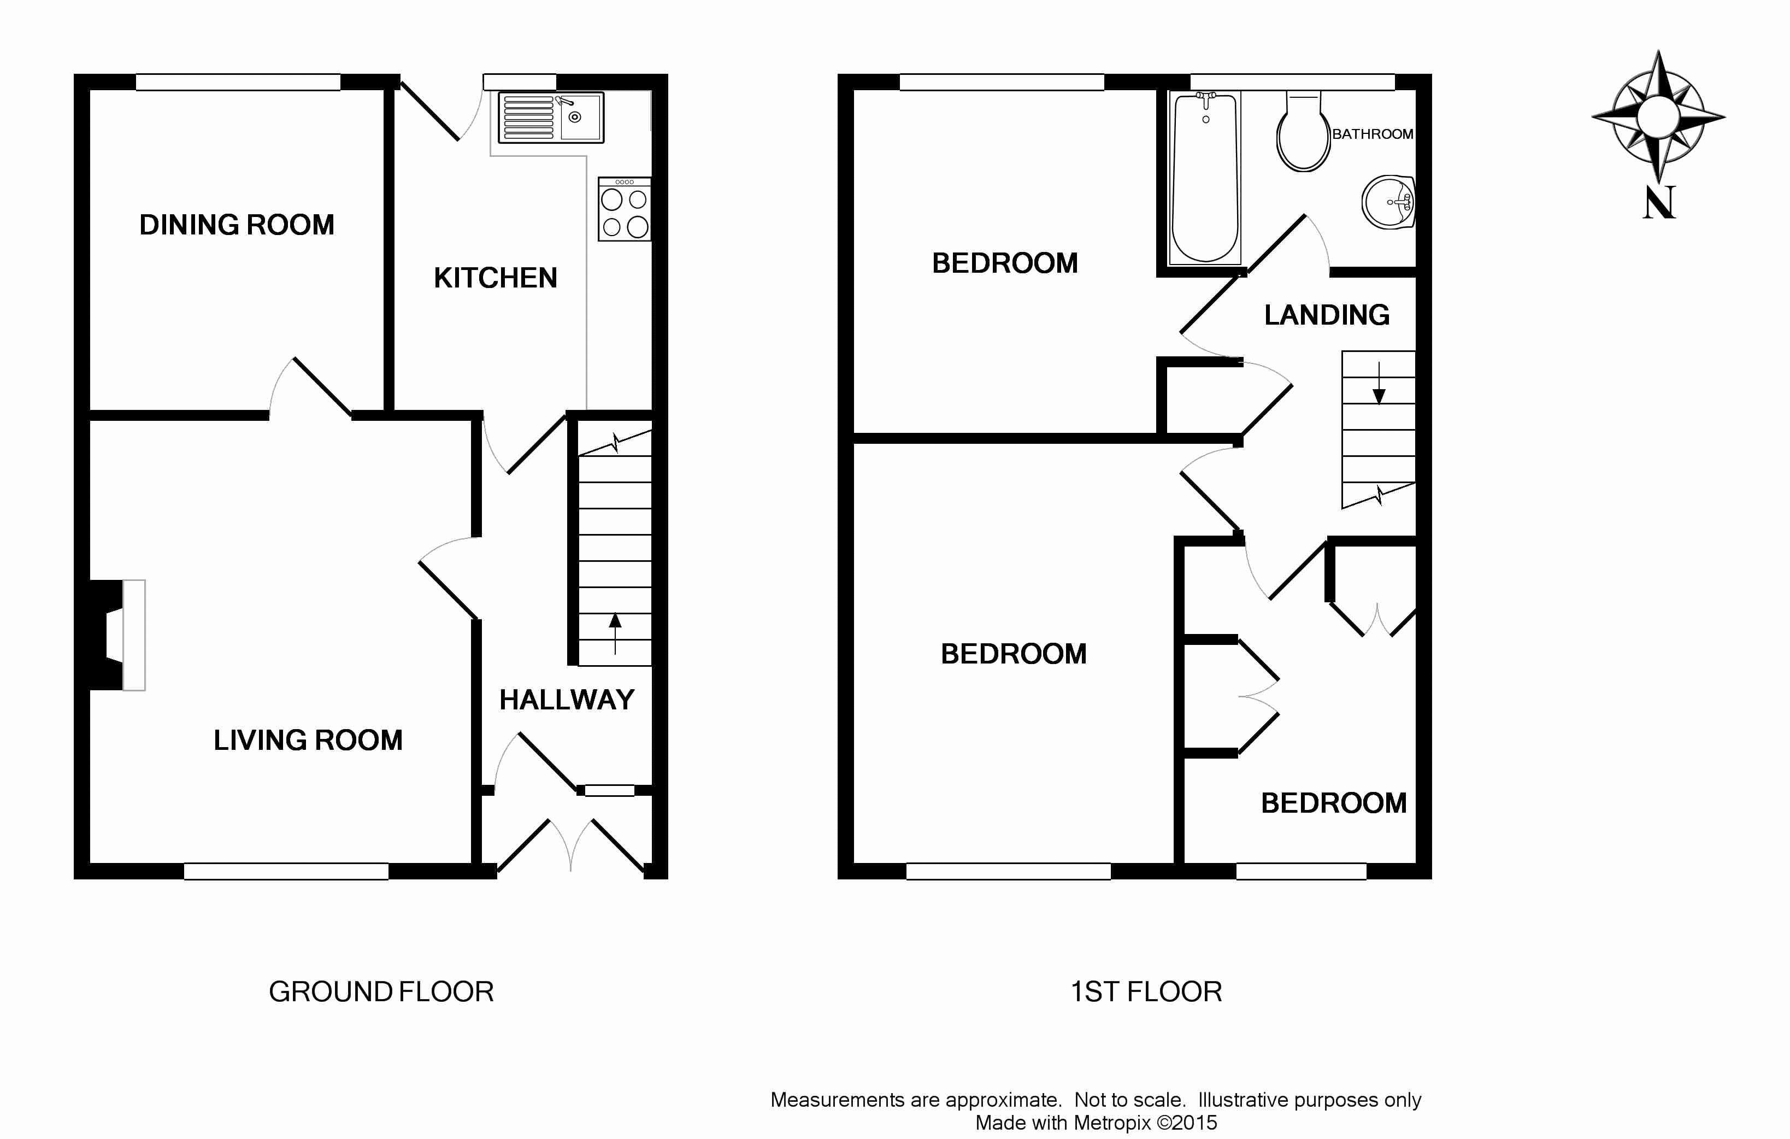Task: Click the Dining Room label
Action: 237,225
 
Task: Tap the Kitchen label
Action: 495,278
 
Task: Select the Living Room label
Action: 308,740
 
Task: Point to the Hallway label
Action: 567,700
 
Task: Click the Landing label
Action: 1327,315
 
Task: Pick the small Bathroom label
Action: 1372,134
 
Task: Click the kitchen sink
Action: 551,118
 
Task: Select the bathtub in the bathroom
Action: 1205,178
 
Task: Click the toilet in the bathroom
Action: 1303,132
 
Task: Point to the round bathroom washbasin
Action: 1388,202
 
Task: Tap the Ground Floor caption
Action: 381,992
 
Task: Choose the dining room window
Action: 238,82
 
